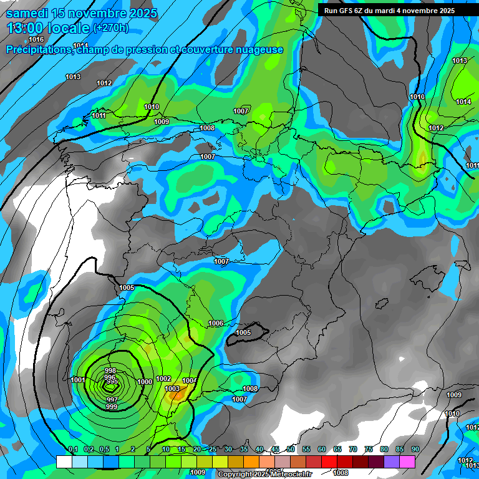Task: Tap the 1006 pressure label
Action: [x=216, y=323]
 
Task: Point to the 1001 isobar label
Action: [x=78, y=380]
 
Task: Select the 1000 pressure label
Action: [x=145, y=382]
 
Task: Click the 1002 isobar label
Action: [x=163, y=379]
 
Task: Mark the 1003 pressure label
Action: [x=172, y=389]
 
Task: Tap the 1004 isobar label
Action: [x=190, y=380]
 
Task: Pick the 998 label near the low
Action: [x=110, y=370]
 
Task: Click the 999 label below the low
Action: [x=112, y=407]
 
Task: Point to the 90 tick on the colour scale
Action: [x=415, y=449]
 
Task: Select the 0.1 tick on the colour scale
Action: [x=72, y=449]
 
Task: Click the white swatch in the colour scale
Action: [x=64, y=462]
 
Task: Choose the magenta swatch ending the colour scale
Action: [x=407, y=462]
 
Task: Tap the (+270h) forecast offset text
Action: [x=111, y=28]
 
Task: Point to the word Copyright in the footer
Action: [x=236, y=475]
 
